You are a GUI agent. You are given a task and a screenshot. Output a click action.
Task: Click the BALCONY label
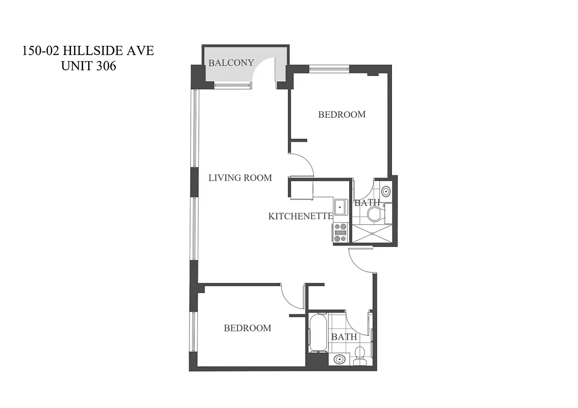(x=231, y=63)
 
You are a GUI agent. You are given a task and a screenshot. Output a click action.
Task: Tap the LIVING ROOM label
(x=240, y=178)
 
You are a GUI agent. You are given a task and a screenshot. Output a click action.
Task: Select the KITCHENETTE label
(x=301, y=216)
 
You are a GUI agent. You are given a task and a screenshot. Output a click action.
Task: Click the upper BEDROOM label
(x=341, y=114)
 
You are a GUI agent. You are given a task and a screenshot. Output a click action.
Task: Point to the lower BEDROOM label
(x=247, y=328)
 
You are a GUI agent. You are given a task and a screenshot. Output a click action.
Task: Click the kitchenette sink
(x=340, y=208)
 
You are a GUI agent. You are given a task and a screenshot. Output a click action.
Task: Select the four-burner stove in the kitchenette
(x=340, y=233)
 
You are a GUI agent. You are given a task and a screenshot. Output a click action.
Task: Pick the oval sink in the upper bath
(x=386, y=192)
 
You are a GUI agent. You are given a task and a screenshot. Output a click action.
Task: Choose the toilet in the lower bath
(x=360, y=355)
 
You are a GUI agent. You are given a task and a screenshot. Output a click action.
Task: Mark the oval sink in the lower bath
(x=338, y=360)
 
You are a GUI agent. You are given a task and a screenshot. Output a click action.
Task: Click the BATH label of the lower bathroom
(x=344, y=337)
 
